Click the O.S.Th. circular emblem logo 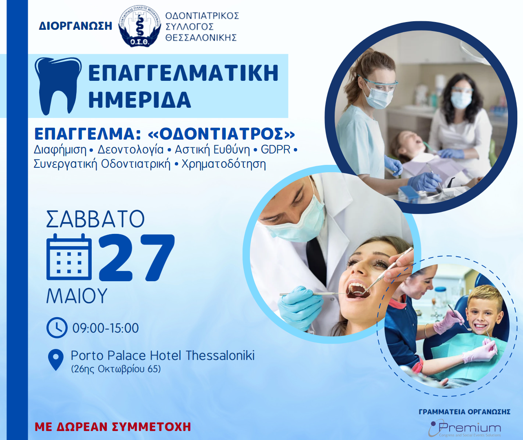[x=140, y=27]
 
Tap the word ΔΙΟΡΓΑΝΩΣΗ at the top [x=75, y=26]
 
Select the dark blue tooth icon [x=58, y=86]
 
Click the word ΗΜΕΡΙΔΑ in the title [x=140, y=100]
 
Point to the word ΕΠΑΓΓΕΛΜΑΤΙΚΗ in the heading [x=183, y=73]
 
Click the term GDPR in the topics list [x=276, y=150]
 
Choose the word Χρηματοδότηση [x=224, y=164]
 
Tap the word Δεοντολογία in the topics [x=130, y=150]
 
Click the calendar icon [x=69, y=257]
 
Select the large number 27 [x=137, y=258]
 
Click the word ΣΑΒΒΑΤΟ [x=95, y=219]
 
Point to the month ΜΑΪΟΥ [x=77, y=296]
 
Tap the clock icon [x=57, y=328]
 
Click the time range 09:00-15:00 [x=106, y=328]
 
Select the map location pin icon [x=55, y=360]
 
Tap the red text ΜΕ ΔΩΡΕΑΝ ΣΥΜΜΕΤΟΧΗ [x=113, y=427]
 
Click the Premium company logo [x=465, y=428]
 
